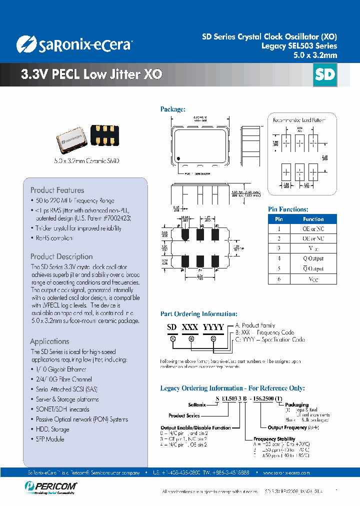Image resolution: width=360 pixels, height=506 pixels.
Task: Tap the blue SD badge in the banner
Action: (x=324, y=75)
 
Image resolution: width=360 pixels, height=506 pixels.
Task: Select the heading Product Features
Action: (x=57, y=190)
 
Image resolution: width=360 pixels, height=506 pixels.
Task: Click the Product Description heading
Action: (x=61, y=256)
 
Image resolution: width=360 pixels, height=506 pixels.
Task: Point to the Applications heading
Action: (x=49, y=341)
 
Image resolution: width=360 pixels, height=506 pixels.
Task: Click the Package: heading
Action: (x=172, y=109)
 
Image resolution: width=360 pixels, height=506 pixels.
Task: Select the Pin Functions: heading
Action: (x=288, y=209)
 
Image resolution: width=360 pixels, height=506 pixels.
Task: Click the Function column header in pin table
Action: (x=313, y=219)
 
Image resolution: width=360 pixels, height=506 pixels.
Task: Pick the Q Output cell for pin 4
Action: (x=313, y=258)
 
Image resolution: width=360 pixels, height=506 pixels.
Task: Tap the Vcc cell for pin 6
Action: (x=313, y=279)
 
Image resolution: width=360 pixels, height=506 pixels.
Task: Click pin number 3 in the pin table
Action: (x=279, y=248)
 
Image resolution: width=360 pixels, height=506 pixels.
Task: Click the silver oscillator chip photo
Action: (x=71, y=140)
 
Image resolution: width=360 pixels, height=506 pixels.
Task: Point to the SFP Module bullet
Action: (x=50, y=439)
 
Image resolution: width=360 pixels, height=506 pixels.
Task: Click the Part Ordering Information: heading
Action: (x=198, y=314)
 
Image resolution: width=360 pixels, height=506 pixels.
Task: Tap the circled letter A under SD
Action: (x=173, y=338)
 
